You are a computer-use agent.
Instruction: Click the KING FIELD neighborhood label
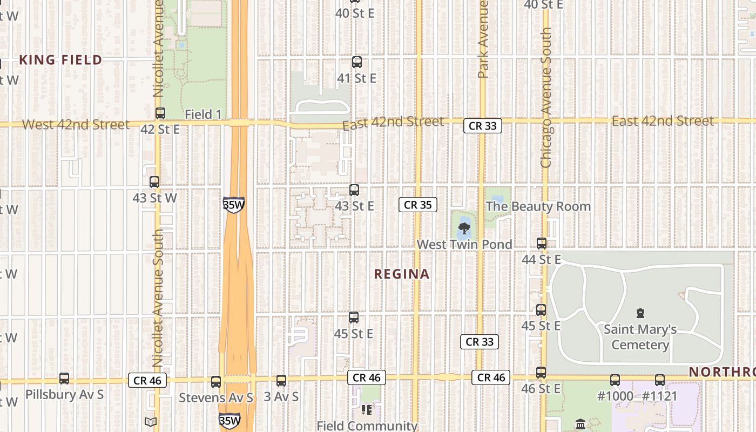tap(60, 60)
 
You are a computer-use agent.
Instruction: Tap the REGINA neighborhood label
tap(402, 274)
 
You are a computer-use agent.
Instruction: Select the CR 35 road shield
tap(417, 205)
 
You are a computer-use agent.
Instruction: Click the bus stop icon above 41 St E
tap(356, 62)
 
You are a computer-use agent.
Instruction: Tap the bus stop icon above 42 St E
tap(160, 113)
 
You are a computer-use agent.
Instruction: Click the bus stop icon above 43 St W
tap(154, 182)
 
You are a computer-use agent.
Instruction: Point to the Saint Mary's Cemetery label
tap(640, 337)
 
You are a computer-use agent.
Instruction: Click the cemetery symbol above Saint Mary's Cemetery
tap(640, 313)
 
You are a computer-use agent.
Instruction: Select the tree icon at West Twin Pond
tap(463, 228)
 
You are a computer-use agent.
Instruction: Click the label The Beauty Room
tap(538, 206)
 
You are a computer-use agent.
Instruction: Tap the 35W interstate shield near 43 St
tap(233, 205)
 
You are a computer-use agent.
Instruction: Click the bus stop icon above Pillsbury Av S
tap(64, 379)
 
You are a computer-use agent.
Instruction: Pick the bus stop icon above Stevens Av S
tap(216, 382)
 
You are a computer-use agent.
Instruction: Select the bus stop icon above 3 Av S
tap(281, 381)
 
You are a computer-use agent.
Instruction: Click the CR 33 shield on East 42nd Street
tap(482, 126)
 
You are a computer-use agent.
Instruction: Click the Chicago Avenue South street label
tap(545, 97)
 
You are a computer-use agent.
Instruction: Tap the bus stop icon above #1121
tap(660, 380)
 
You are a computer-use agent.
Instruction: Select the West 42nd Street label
tap(76, 125)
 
